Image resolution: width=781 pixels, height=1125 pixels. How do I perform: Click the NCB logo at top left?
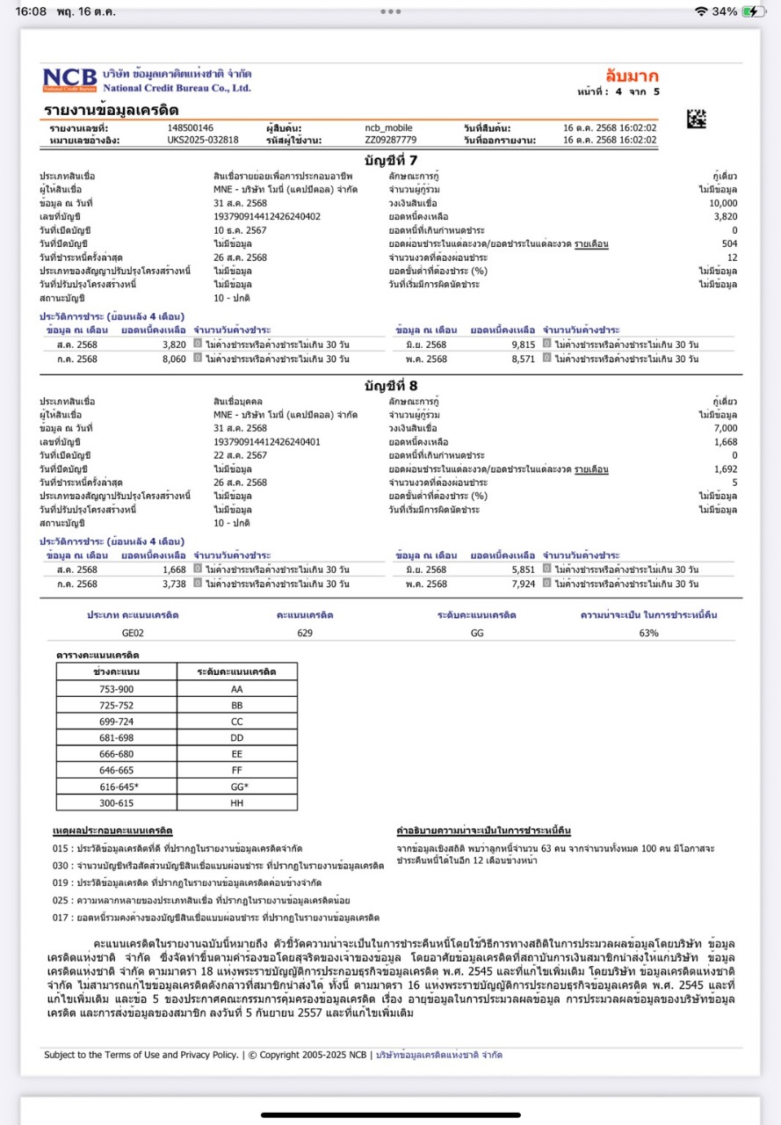click(x=70, y=79)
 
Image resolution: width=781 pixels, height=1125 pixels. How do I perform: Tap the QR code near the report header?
click(x=697, y=119)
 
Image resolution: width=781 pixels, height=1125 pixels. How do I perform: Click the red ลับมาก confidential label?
click(x=632, y=76)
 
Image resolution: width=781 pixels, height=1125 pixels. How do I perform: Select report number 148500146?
click(x=191, y=128)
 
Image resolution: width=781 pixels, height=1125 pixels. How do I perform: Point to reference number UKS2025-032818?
click(x=203, y=140)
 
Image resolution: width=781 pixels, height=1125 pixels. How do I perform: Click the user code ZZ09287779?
click(x=391, y=140)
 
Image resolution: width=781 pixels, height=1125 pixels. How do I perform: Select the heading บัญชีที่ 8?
click(x=390, y=385)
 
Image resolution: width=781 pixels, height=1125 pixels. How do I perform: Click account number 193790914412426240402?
click(x=267, y=216)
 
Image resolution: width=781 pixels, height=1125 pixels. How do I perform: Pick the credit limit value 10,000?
click(x=724, y=203)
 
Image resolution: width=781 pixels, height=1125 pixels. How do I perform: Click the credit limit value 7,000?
click(x=726, y=428)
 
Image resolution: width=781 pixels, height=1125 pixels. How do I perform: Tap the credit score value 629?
click(x=305, y=633)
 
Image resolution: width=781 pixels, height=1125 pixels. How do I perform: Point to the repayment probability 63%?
click(x=648, y=633)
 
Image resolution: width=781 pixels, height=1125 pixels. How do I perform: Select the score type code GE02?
click(x=133, y=633)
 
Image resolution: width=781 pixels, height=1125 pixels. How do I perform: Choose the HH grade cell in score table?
click(x=236, y=802)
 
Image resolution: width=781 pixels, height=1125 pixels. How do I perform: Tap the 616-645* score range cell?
click(x=119, y=787)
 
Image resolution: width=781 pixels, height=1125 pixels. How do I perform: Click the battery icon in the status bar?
click(x=754, y=11)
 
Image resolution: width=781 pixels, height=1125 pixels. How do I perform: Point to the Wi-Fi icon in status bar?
click(x=700, y=11)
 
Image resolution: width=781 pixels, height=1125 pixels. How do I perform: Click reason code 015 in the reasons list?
click(x=61, y=848)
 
